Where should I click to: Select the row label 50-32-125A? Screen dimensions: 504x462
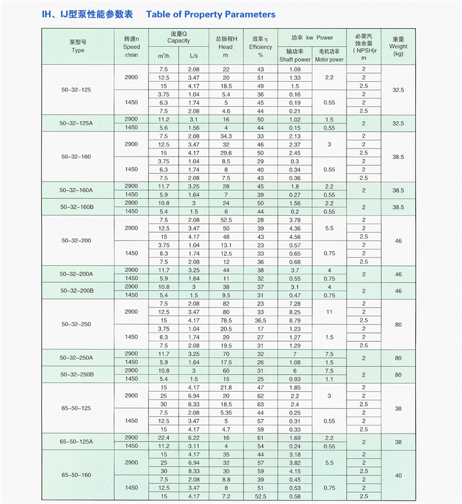coord(76,124)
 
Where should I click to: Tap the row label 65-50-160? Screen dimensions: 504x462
coord(76,475)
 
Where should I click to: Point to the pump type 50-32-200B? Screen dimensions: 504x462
coord(76,291)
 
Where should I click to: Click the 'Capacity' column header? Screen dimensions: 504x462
coord(178,41)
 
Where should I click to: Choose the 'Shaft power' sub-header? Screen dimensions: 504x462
coord(295,59)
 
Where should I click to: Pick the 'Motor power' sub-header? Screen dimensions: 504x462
coord(329,59)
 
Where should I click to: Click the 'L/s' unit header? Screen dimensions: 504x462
coord(193,56)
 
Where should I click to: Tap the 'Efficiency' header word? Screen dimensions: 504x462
coord(260,47)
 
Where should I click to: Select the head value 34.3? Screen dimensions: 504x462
coord(226,136)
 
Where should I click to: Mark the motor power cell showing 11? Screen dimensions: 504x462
coord(329,311)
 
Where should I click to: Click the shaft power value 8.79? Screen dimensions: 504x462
coord(295,320)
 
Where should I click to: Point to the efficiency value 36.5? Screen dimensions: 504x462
coord(260,320)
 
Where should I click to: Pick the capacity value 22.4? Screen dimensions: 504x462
coord(164,437)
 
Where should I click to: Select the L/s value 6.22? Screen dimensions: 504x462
coord(193,437)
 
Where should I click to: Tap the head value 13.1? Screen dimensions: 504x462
coord(226,245)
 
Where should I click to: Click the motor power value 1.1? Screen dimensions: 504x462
coord(329,379)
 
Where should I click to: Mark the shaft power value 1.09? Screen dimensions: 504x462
coord(295,69)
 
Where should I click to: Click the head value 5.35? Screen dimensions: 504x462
coord(226,412)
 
